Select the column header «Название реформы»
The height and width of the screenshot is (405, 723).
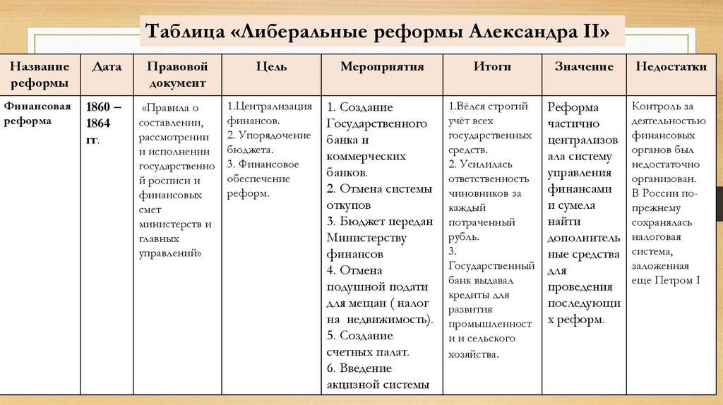tap(39, 74)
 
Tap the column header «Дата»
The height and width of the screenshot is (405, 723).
tap(107, 67)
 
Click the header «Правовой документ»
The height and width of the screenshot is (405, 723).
tap(177, 74)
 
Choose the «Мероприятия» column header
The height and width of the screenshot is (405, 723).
tap(382, 67)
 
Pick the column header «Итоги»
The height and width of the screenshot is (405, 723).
tap(492, 67)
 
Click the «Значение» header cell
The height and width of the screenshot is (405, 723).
tap(584, 67)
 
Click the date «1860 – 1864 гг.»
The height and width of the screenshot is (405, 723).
tap(103, 123)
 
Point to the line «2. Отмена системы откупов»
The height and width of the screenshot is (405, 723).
tap(378, 197)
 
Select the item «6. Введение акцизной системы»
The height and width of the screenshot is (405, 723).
tap(378, 376)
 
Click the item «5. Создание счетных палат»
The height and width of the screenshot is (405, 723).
tap(368, 344)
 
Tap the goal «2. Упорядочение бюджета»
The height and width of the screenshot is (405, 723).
tap(268, 142)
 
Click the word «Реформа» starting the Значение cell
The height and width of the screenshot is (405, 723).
tap(573, 107)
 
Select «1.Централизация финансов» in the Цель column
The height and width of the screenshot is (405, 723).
tap(269, 114)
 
